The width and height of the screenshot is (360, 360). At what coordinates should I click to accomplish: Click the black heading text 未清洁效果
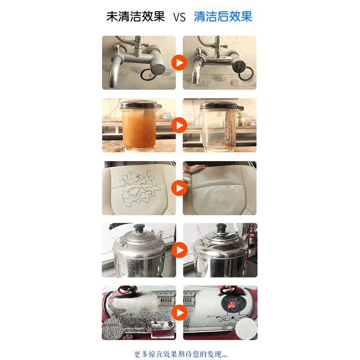point(135,16)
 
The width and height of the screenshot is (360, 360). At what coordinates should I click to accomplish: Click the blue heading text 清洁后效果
point(223,16)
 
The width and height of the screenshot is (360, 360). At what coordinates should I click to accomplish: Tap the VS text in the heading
point(179,17)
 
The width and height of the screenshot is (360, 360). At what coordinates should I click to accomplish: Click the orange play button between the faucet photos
point(179,63)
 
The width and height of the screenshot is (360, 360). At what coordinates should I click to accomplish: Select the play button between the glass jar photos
point(179,125)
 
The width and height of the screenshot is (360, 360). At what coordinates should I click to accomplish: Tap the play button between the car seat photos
point(179,188)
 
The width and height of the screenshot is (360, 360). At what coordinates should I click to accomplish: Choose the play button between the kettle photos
point(179,250)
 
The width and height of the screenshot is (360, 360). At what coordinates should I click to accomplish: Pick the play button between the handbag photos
point(179,313)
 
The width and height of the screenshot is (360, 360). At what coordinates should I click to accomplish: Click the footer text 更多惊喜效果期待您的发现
point(180,354)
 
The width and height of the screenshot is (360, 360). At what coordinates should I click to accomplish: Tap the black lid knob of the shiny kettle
point(221,227)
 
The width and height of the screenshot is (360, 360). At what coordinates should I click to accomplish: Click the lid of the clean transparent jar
point(221,105)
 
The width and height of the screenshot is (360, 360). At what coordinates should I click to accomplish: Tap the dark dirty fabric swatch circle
point(112,329)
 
